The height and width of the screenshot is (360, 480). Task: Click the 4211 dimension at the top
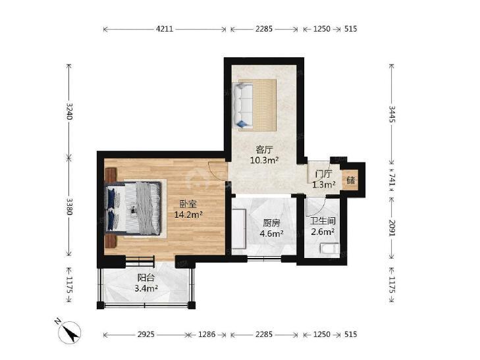(x=165, y=29)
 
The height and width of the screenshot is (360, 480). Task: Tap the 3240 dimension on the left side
(x=70, y=111)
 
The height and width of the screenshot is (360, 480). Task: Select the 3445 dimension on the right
(x=392, y=114)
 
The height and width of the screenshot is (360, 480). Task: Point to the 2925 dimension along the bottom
(x=146, y=334)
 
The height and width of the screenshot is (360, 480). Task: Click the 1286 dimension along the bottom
(x=207, y=334)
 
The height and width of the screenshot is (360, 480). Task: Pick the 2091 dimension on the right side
(x=392, y=228)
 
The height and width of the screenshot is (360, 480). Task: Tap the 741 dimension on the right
(x=392, y=178)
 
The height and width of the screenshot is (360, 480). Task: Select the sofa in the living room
(x=243, y=105)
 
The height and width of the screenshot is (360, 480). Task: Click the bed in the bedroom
(x=133, y=208)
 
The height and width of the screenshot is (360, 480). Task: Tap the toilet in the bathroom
(x=329, y=248)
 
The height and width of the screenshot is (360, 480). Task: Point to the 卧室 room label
(x=188, y=204)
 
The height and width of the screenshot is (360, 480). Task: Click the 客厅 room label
(x=264, y=149)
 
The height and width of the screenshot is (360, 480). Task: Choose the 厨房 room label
(x=271, y=223)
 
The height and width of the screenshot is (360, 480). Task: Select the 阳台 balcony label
(x=146, y=278)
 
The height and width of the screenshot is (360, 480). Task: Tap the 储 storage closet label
(x=351, y=180)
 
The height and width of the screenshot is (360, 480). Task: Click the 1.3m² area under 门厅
(x=323, y=185)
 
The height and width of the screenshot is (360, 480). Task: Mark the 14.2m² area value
(x=188, y=215)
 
